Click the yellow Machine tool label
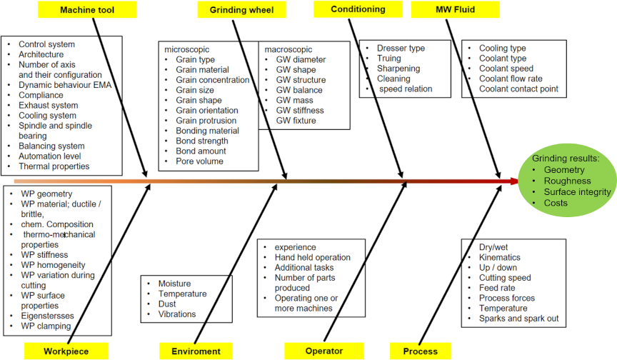coord(87,10)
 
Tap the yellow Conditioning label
coord(358,9)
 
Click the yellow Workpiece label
coord(66,351)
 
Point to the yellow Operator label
coord(323,351)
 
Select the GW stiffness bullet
coord(300,111)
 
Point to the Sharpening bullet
coord(398,69)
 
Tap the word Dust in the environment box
coord(168,304)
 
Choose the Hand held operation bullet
coord(313,257)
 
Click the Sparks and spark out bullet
coord(518,319)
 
